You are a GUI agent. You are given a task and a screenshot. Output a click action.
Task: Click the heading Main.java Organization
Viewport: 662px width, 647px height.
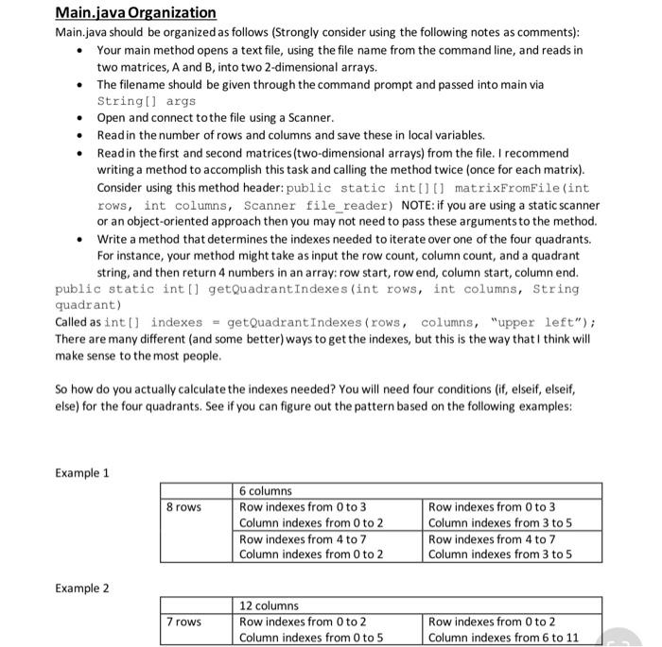pos(135,13)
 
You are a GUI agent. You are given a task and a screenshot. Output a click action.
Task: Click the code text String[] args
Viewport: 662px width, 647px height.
pos(147,100)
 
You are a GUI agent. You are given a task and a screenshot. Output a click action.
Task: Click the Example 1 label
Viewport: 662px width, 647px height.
pos(82,472)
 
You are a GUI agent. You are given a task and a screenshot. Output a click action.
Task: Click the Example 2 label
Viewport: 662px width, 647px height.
pos(82,588)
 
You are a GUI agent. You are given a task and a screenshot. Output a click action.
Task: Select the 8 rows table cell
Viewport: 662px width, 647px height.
pos(183,507)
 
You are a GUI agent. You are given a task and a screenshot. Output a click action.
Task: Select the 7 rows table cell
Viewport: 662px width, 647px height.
pos(183,622)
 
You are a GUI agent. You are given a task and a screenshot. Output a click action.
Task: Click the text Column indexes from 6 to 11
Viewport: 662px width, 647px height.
pos(504,638)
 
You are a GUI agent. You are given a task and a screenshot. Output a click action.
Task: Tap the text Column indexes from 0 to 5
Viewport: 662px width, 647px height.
pos(311,638)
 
